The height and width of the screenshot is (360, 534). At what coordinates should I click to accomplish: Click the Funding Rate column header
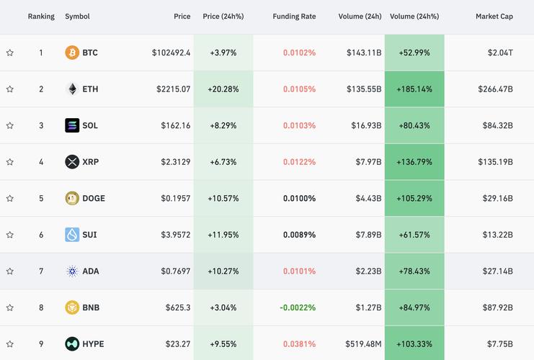point(294,17)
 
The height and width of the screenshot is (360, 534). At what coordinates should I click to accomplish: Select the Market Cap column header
point(494,17)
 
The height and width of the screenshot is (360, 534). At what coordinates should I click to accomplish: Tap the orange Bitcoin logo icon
point(72,53)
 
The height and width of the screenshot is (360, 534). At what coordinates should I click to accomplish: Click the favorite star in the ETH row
point(10,89)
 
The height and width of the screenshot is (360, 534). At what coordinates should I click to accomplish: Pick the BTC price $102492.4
point(171,53)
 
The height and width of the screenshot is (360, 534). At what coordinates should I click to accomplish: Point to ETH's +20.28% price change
point(223,89)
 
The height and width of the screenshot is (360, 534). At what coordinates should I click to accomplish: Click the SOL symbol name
point(90,125)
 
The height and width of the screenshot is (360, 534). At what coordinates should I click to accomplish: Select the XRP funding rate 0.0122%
point(299,162)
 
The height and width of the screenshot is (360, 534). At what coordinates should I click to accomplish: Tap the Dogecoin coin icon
point(72,198)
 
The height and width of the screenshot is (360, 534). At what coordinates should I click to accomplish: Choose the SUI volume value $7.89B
point(367,235)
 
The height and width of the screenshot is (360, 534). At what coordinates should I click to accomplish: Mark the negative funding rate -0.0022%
point(297,307)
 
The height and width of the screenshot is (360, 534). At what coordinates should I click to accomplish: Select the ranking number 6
point(41,235)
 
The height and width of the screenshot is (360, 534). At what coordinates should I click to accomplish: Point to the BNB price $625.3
point(177,307)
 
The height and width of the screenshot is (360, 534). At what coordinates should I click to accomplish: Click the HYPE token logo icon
point(72,344)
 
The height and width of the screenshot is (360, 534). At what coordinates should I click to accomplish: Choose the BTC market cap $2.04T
point(499,53)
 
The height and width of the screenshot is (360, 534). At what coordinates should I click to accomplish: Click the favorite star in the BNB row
point(10,307)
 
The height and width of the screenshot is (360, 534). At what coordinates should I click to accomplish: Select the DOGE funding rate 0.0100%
point(299,198)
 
